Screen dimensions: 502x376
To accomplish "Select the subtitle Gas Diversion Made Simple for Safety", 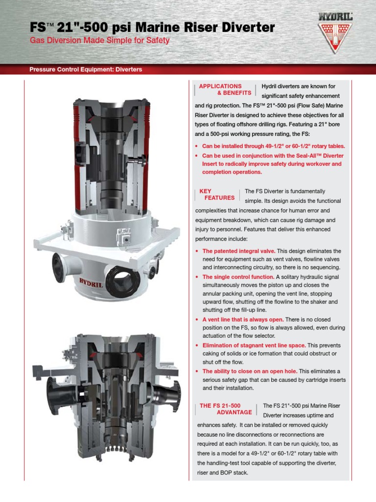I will point(100,40).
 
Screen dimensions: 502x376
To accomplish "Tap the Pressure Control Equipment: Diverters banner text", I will point(86,70).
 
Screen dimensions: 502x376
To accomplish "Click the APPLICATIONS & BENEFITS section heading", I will point(225,89).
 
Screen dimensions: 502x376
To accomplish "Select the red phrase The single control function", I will point(238,277).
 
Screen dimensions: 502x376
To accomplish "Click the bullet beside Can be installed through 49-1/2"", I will point(196,146).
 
